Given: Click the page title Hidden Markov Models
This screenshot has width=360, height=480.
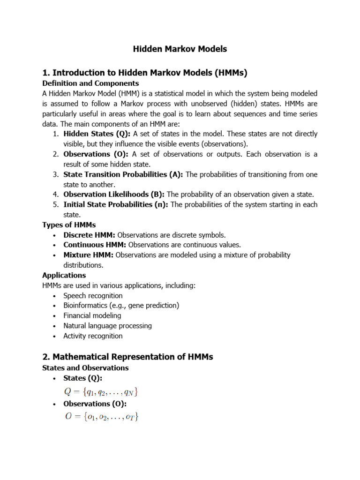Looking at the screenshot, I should (180, 49).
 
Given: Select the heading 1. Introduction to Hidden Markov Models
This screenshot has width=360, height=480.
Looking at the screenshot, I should (144, 73).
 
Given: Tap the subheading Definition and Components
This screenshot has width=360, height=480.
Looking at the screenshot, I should (90, 83).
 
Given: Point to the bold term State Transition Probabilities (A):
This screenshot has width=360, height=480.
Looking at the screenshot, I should (124, 174).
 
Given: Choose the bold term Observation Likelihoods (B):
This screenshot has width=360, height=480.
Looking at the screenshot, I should (114, 194).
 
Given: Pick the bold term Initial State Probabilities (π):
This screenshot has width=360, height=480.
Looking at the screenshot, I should (116, 204).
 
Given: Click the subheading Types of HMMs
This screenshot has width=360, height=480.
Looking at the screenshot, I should (69, 225).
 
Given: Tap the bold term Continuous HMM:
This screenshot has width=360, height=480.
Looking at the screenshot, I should (95, 245).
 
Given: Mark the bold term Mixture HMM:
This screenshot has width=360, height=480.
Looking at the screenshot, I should (89, 255).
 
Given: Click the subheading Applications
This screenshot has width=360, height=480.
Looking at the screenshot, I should (64, 275).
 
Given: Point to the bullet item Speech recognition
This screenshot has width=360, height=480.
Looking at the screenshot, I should (93, 296).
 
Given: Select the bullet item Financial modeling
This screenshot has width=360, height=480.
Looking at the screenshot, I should (92, 315).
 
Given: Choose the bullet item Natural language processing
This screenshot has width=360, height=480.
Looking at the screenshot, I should (107, 326).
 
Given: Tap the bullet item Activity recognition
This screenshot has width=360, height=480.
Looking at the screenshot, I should (93, 336).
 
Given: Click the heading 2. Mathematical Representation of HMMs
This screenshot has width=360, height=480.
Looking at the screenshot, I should (127, 357).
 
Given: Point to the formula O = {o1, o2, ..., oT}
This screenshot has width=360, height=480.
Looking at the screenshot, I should (101, 416).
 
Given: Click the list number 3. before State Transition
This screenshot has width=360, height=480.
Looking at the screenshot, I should (55, 174).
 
